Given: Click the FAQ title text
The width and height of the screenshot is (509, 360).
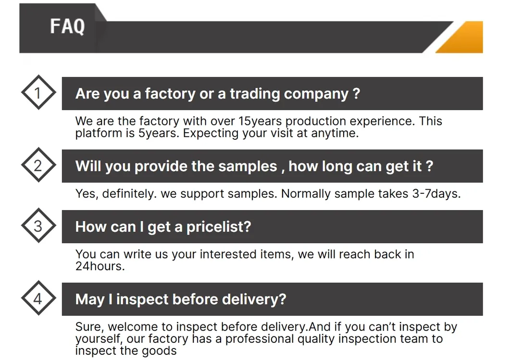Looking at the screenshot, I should (67, 26).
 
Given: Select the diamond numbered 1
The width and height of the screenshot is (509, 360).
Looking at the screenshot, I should (38, 93).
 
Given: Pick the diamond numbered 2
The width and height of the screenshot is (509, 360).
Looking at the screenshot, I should (38, 166).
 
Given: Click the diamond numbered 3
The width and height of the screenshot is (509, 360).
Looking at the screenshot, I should (38, 226).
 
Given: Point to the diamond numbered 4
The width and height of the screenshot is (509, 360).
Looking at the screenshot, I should (38, 299).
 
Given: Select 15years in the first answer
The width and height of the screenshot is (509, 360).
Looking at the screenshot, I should (260, 121).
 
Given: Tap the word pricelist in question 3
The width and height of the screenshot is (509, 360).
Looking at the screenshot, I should (218, 227).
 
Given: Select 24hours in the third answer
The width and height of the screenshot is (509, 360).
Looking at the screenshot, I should (99, 266).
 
